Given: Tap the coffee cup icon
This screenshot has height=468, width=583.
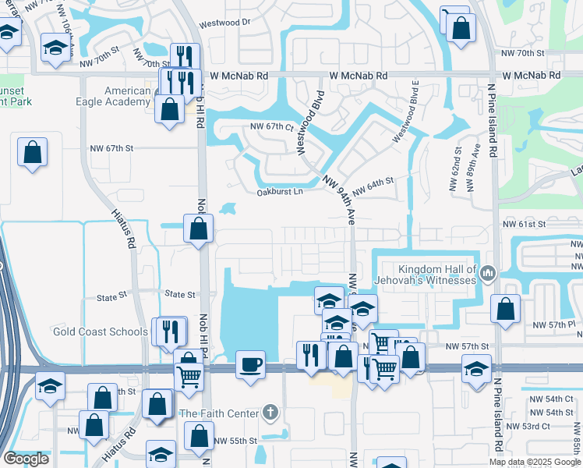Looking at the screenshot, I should point(250,365).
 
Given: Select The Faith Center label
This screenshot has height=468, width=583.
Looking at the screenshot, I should point(219,413).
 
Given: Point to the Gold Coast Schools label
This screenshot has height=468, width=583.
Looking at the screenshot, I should point(100,331).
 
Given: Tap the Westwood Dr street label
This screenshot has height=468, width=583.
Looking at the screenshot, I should point(224,23).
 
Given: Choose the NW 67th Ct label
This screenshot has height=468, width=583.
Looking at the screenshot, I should point(271,126).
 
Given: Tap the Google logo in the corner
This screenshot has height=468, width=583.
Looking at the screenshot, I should point(26,459).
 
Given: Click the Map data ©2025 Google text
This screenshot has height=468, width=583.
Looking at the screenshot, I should point(535,462).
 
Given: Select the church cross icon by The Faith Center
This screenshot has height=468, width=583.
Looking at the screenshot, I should point(270,412).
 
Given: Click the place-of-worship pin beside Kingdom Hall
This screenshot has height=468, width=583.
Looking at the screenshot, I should point(488,273).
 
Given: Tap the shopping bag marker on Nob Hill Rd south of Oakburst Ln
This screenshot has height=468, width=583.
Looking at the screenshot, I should point(198,229).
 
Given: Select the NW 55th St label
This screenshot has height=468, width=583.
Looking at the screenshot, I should point(235,441).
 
